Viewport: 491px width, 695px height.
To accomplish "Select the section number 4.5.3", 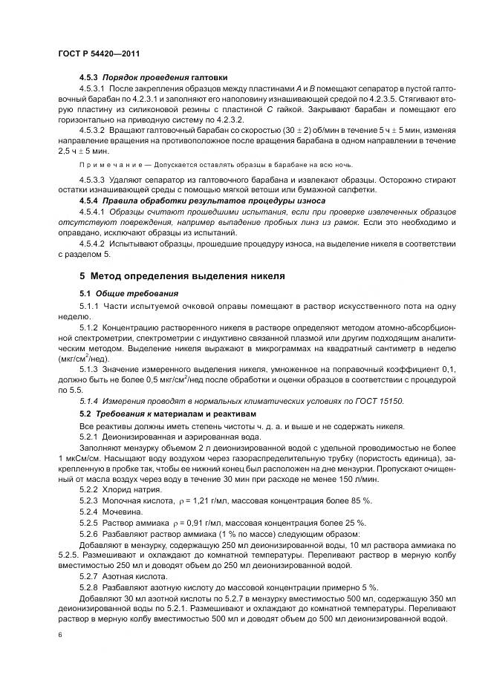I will click(89, 78).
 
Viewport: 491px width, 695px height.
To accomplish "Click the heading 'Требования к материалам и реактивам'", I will click(176, 413).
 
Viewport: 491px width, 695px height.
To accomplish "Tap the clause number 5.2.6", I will click(89, 535).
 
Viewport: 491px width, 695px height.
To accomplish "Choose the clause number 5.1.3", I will click(89, 370).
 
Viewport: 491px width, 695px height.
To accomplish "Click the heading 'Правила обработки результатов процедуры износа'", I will click(204, 200).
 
